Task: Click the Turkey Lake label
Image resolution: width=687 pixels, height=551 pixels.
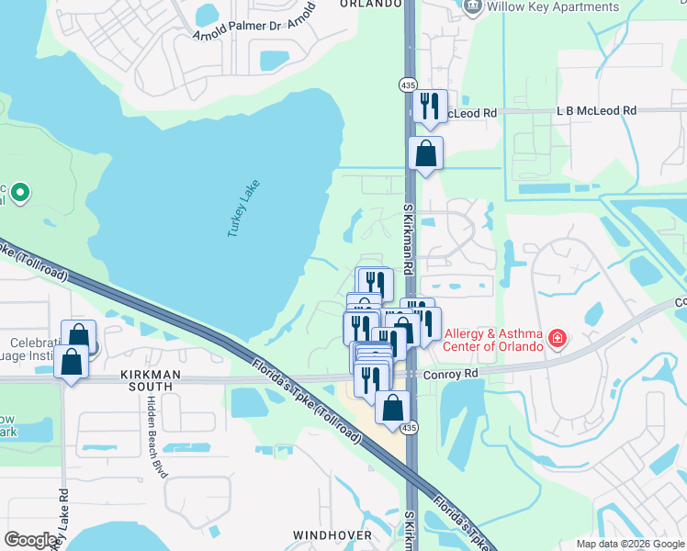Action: [x=244, y=209]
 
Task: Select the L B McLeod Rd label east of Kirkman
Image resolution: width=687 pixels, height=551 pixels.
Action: [x=596, y=110]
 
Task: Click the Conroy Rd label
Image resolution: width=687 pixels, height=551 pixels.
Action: [x=451, y=374]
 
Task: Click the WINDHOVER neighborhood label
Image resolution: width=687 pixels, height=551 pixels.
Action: [x=332, y=534]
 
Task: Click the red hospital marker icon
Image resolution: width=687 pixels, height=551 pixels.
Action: [x=557, y=341]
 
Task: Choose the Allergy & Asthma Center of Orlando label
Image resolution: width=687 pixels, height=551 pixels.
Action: [x=492, y=340]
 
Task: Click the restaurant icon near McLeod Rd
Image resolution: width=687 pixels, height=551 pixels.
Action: [x=429, y=107]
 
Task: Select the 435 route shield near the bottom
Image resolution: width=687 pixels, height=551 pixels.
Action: [x=408, y=429]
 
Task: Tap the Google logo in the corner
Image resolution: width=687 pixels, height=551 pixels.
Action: [x=30, y=539]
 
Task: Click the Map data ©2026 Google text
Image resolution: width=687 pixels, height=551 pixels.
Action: [x=629, y=544]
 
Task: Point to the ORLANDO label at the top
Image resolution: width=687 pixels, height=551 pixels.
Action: [x=371, y=4]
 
